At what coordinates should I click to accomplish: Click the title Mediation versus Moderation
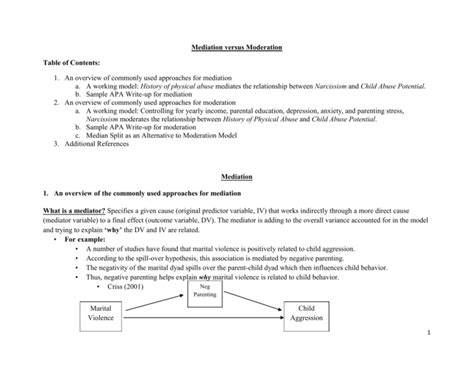point(236,46)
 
